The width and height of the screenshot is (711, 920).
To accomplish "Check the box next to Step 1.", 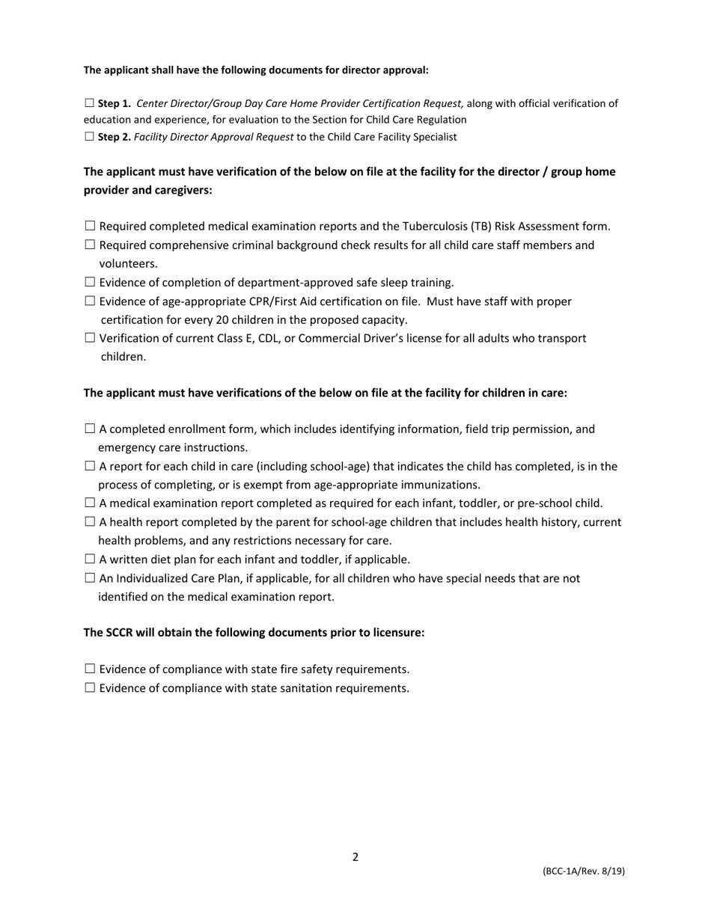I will click(x=90, y=103).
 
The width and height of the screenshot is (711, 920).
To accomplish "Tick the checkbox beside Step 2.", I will click(x=90, y=137).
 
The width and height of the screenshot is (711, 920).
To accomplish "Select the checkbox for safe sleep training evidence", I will click(x=90, y=282).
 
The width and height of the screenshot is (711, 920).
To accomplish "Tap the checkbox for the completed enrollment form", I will click(x=90, y=429).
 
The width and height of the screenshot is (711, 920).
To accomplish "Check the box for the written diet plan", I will click(x=90, y=559).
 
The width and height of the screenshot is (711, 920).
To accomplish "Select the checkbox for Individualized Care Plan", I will click(x=90, y=577).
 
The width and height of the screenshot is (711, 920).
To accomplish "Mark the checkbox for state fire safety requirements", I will click(x=90, y=669).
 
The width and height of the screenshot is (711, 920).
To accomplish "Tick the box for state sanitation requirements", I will click(x=90, y=687).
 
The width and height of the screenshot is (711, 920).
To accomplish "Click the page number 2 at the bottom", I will click(x=355, y=857).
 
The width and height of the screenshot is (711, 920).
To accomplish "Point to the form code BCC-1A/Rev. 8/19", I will click(x=584, y=871).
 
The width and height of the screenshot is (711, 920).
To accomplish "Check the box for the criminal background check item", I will click(x=90, y=245).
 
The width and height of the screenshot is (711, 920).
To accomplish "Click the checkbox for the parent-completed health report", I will click(x=90, y=521).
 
